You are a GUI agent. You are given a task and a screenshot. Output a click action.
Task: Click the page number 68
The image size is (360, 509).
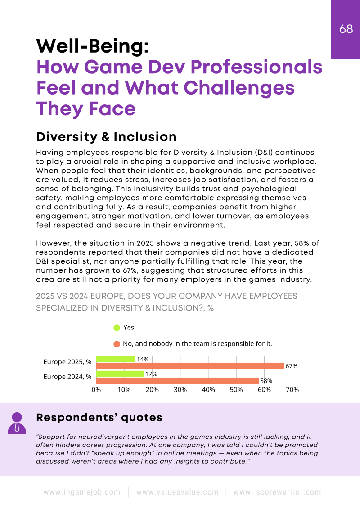pyautogui.click(x=346, y=29)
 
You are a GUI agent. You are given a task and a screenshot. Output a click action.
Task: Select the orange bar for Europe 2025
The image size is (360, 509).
pyautogui.click(x=190, y=366)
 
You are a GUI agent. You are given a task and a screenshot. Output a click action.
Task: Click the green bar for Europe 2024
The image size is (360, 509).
pyautogui.click(x=120, y=374)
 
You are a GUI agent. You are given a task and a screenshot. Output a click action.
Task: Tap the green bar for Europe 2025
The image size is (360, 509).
pyautogui.click(x=116, y=359)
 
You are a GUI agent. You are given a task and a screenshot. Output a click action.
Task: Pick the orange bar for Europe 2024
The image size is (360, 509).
pyautogui.click(x=177, y=381)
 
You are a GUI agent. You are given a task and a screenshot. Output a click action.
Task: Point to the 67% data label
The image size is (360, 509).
pyautogui.click(x=291, y=366)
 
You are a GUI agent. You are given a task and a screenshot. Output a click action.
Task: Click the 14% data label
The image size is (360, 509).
pyautogui.click(x=143, y=359)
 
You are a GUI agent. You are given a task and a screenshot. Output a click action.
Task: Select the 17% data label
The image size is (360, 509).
pyautogui.click(x=151, y=374)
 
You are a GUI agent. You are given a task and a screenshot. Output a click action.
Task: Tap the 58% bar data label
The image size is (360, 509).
pyautogui.click(x=266, y=381)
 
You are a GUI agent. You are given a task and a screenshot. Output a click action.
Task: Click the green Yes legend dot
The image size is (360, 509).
pyautogui.click(x=117, y=328)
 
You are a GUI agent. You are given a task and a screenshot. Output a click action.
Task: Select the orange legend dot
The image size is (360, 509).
pyautogui.click(x=117, y=344)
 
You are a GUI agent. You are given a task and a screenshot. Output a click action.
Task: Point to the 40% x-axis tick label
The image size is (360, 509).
pyautogui.click(x=208, y=390)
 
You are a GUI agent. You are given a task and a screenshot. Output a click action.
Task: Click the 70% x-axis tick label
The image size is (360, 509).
pyautogui.click(x=292, y=390)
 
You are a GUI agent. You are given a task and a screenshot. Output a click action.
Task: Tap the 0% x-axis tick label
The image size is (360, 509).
pyautogui.click(x=96, y=390)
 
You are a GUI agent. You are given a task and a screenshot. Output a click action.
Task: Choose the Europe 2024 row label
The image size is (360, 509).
pyautogui.click(x=67, y=377)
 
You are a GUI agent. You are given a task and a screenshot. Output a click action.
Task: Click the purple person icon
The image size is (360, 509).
pyautogui.click(x=17, y=423)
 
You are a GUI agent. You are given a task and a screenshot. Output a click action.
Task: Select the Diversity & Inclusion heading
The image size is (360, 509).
pyautogui.click(x=106, y=137)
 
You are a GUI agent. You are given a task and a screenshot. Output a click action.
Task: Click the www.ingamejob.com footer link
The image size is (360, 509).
pyautogui.click(x=82, y=492)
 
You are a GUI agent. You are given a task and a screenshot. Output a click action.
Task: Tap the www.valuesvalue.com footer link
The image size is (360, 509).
pyautogui.click(x=177, y=492)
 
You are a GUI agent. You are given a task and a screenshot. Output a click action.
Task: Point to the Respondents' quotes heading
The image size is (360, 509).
pyautogui.click(x=99, y=418)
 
